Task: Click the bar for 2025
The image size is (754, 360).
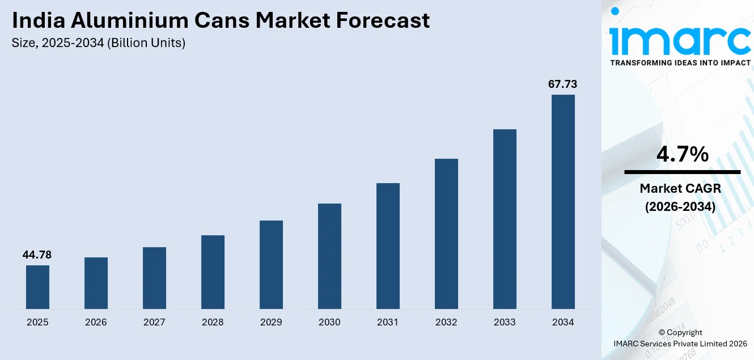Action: point(37,287)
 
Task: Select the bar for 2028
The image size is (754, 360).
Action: point(213,272)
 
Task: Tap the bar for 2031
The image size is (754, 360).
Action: point(388,246)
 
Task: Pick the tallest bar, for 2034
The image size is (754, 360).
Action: point(563,202)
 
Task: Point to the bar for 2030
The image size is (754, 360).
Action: point(329,256)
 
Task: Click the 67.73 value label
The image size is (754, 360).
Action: point(562,84)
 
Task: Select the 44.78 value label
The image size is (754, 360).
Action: point(37,255)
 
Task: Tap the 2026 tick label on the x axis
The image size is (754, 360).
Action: point(96,323)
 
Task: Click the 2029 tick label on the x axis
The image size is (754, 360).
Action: point(271,323)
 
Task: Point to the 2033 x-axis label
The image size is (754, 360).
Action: point(505,323)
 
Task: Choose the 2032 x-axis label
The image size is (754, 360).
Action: point(446,323)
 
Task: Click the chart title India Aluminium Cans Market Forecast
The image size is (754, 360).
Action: point(221,21)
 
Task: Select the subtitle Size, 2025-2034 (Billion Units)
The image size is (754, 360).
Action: point(99,43)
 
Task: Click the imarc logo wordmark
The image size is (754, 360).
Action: point(680,38)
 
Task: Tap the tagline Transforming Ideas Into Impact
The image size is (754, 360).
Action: point(680,63)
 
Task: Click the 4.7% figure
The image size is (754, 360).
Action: point(682,154)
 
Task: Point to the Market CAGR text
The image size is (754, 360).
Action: point(680,188)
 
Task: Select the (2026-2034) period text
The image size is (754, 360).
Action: point(680,207)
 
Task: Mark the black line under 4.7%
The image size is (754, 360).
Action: point(682,172)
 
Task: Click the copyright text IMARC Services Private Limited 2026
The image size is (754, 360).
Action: point(680,344)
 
